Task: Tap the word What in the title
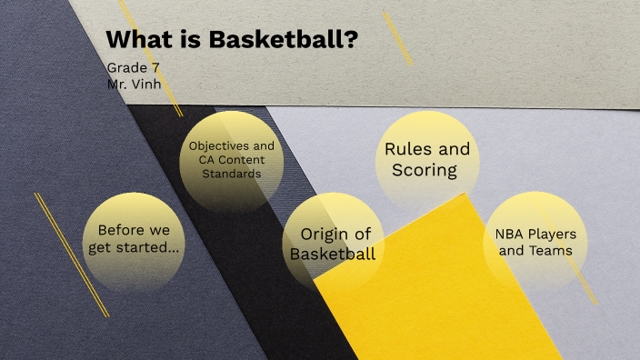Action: [x=135, y=41]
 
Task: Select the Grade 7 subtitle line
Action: [x=133, y=68]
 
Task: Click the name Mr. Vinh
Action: [x=135, y=84]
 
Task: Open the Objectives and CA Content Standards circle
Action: [x=231, y=160]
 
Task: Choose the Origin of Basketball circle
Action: [x=333, y=244]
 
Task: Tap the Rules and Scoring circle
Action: [x=427, y=159]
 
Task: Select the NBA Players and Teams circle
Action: [x=535, y=241]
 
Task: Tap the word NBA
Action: [x=510, y=233]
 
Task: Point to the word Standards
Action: [x=232, y=174]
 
